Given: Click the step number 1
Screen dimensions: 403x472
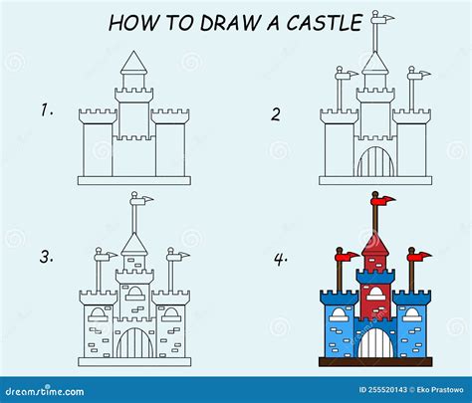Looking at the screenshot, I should (46, 110).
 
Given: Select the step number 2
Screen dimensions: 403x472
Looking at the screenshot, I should (276, 112).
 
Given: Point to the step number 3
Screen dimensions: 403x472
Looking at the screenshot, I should (46, 257).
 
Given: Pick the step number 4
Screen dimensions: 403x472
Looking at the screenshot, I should (282, 258).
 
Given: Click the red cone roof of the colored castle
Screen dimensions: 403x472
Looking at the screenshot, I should (374, 242).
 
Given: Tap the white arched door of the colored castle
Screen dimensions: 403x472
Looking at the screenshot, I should (374, 344).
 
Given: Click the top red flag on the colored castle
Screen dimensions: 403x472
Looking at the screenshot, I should (384, 201).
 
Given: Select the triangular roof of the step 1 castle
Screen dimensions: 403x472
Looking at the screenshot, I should (133, 66).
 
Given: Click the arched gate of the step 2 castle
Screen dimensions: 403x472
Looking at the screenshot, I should (374, 159).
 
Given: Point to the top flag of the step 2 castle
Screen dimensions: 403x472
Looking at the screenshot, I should (383, 18).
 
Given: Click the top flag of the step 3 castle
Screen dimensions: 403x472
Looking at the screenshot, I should (143, 201).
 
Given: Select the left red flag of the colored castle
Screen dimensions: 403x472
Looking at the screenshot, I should (348, 256).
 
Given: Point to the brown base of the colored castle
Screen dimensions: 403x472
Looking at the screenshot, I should (374, 364).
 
